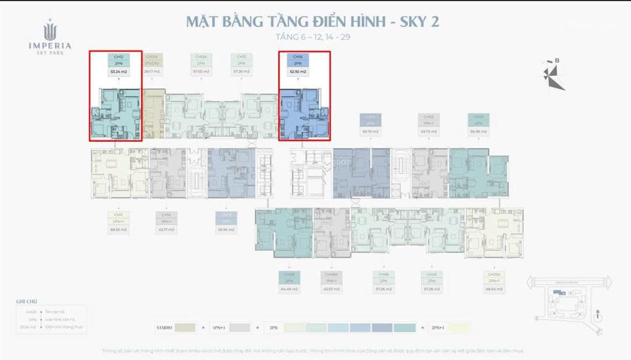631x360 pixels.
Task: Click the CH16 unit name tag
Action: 298,56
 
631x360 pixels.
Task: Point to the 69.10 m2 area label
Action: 370,131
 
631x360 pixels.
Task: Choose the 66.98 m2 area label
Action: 478,131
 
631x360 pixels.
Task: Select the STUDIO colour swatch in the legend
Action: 184,327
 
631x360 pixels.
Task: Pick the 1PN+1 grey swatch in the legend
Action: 240,327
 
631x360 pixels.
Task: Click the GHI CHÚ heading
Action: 27,302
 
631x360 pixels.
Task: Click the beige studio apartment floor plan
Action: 154,114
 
